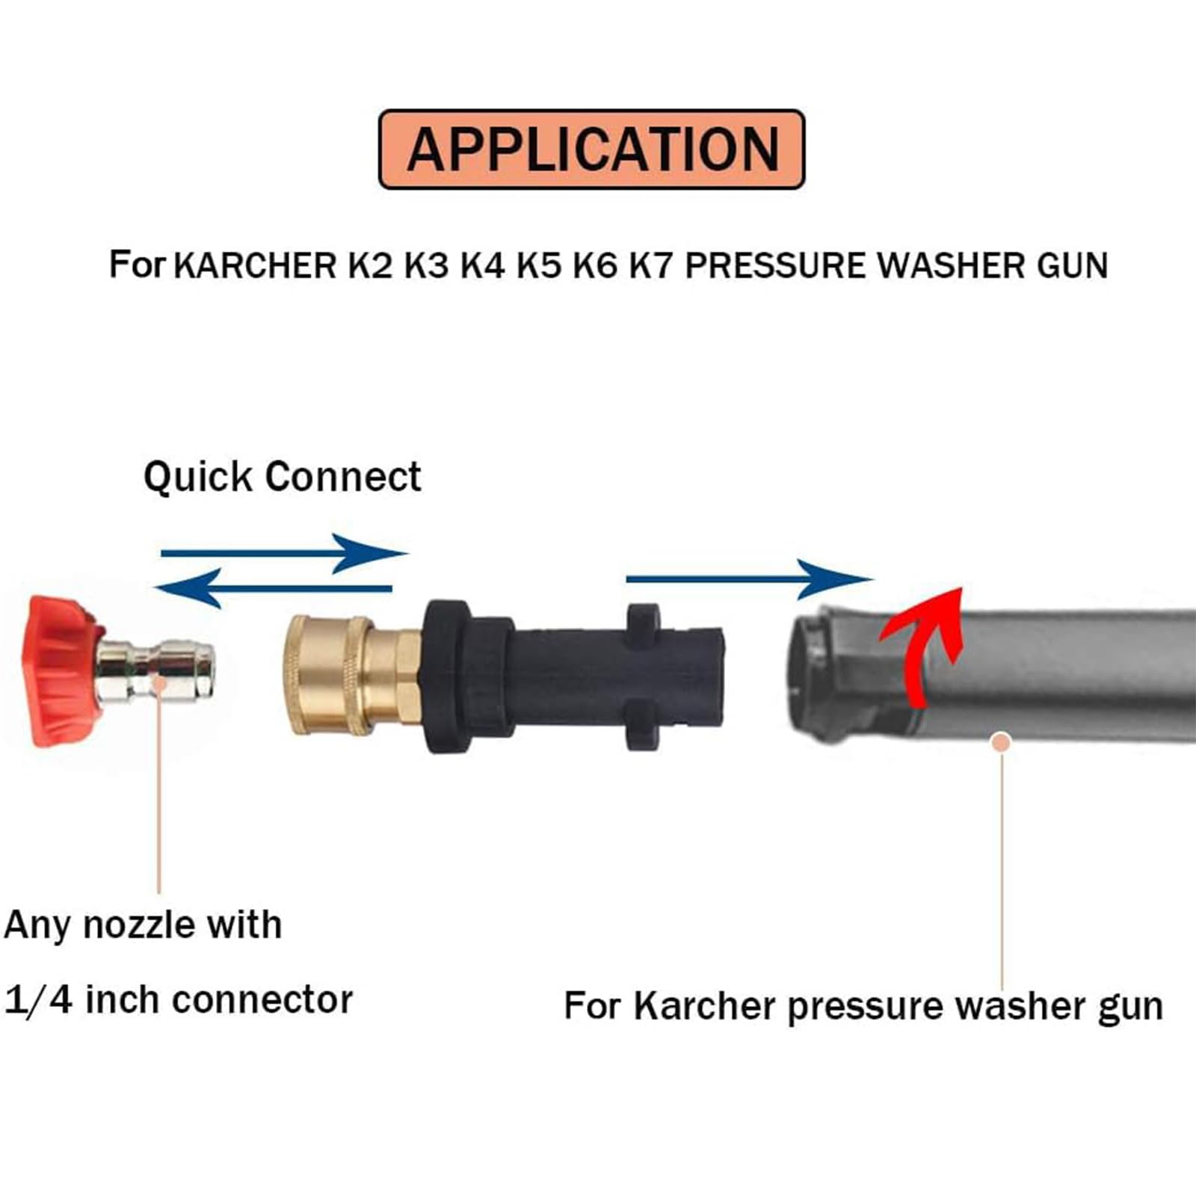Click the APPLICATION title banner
591,149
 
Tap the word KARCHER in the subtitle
255,266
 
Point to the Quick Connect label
282,477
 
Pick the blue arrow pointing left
274,588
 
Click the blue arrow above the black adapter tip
750,579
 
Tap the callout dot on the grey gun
1002,742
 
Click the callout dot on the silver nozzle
159,682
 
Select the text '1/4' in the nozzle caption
39,1000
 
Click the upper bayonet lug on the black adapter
643,617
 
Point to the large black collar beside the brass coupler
448,676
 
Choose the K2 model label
371,266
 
